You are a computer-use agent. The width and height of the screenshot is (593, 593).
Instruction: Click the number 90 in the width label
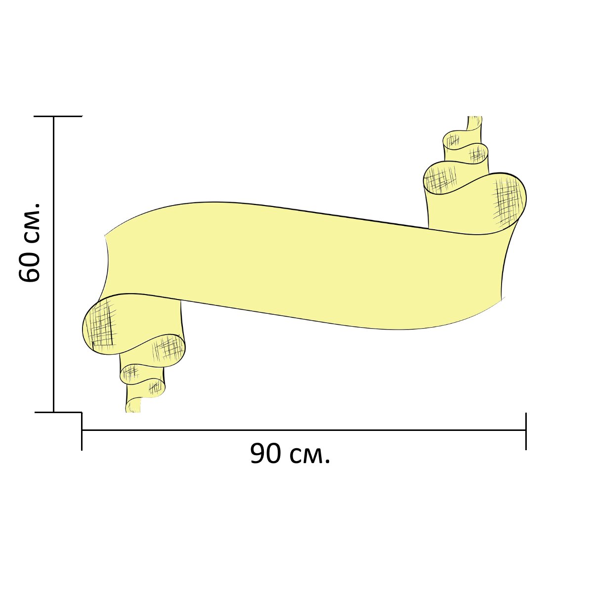(x=265, y=454)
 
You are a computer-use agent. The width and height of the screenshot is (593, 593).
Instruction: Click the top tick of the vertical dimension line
(x=58, y=116)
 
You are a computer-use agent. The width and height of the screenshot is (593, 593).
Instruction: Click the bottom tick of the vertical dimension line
(x=58, y=412)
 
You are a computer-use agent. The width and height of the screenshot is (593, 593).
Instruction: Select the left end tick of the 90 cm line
(x=82, y=431)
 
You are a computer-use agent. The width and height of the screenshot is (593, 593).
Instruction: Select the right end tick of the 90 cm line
(x=526, y=431)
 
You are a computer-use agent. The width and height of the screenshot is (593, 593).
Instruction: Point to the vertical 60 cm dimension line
(x=53, y=264)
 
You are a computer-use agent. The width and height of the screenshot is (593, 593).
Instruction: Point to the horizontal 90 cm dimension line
(x=304, y=430)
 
